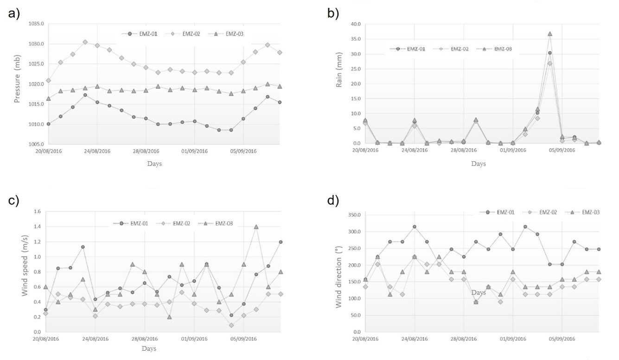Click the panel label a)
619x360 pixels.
(x=14, y=14)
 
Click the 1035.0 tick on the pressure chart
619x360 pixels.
(x=35, y=24)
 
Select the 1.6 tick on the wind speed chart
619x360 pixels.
(x=37, y=212)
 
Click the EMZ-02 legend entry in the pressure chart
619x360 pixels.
(x=190, y=34)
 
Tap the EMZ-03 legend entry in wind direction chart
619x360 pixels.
(x=590, y=212)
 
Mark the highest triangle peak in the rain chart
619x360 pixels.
(x=550, y=34)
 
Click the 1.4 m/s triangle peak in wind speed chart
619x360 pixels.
(x=256, y=227)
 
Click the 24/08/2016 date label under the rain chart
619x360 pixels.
(x=415, y=151)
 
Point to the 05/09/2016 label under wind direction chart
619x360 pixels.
(x=562, y=339)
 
